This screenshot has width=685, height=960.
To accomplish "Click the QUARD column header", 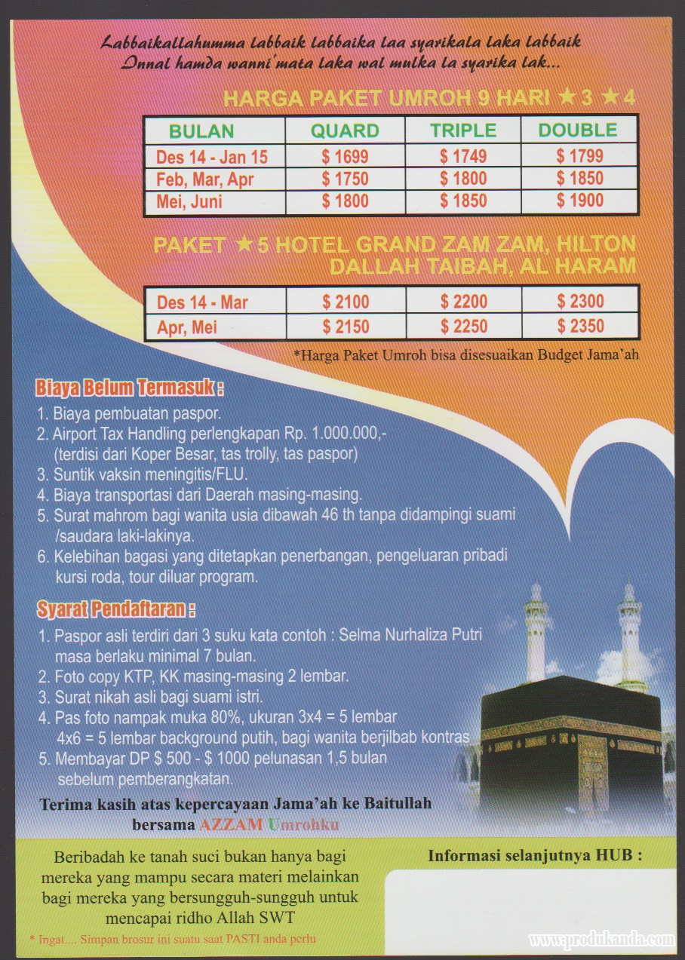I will coord(345,130).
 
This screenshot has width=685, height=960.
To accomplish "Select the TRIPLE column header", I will coord(463,130).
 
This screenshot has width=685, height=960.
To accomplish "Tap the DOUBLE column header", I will coord(578,130).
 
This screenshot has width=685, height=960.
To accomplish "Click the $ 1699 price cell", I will coord(345,157).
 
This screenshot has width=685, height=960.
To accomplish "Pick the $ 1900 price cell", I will coord(580,201).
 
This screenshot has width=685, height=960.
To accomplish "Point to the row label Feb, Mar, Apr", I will coord(205,179).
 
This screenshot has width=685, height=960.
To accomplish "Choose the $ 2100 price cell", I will coord(346,302).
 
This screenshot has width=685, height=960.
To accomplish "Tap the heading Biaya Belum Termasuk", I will coord(130,389).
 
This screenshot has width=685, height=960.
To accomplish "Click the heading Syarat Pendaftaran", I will coord(115,608).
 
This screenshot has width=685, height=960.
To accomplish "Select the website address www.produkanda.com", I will coord(601,940).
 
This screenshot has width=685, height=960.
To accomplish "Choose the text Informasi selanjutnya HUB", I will coord(535,856).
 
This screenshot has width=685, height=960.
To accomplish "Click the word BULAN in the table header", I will coord(201,130).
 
